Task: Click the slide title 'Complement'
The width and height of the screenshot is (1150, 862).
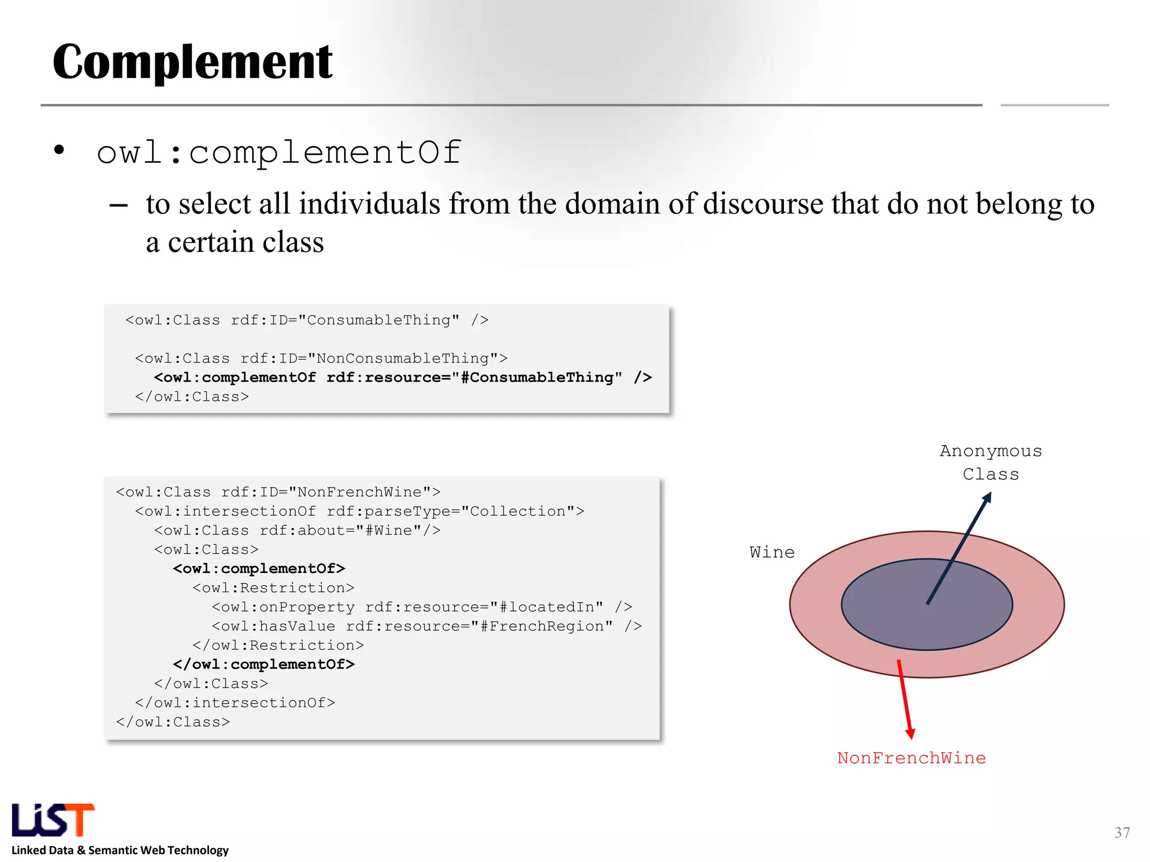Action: (x=193, y=62)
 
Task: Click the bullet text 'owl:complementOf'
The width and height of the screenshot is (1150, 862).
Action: (x=279, y=152)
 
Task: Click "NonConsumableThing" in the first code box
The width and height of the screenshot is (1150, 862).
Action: (x=408, y=359)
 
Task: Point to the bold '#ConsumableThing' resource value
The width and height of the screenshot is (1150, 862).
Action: (x=541, y=378)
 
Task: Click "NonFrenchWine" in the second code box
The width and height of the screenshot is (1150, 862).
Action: (x=360, y=492)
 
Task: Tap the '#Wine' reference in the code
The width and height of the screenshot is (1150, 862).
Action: (x=389, y=530)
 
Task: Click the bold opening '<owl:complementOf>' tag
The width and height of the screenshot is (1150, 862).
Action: (x=259, y=568)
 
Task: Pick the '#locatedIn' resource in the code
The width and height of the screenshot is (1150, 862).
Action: (x=546, y=607)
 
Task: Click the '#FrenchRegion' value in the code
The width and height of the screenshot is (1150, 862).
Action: (x=541, y=626)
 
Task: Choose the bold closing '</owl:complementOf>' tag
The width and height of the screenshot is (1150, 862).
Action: (x=264, y=664)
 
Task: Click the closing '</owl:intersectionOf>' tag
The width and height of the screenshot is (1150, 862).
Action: (x=235, y=703)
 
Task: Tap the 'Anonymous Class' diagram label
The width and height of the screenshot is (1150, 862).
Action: (x=991, y=462)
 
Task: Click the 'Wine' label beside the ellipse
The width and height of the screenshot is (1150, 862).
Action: (x=772, y=553)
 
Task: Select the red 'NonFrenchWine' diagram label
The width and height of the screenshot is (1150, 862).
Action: (x=911, y=758)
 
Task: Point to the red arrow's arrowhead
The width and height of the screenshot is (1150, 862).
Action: (x=910, y=733)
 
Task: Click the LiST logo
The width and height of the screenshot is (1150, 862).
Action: (x=53, y=820)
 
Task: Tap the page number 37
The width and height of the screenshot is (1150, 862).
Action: (x=1122, y=833)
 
